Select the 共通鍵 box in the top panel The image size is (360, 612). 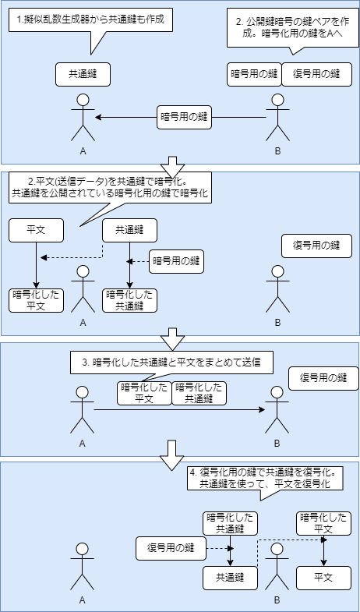click(x=83, y=74)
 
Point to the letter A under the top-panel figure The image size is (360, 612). click(x=83, y=150)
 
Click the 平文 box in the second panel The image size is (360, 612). click(x=36, y=230)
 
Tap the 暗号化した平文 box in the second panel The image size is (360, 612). click(x=36, y=300)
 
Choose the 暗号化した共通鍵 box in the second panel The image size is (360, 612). click(x=129, y=300)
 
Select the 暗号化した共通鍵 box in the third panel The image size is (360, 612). click(x=199, y=392)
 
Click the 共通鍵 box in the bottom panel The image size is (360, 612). click(x=230, y=578)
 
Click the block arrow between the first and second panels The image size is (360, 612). click(x=172, y=166)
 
